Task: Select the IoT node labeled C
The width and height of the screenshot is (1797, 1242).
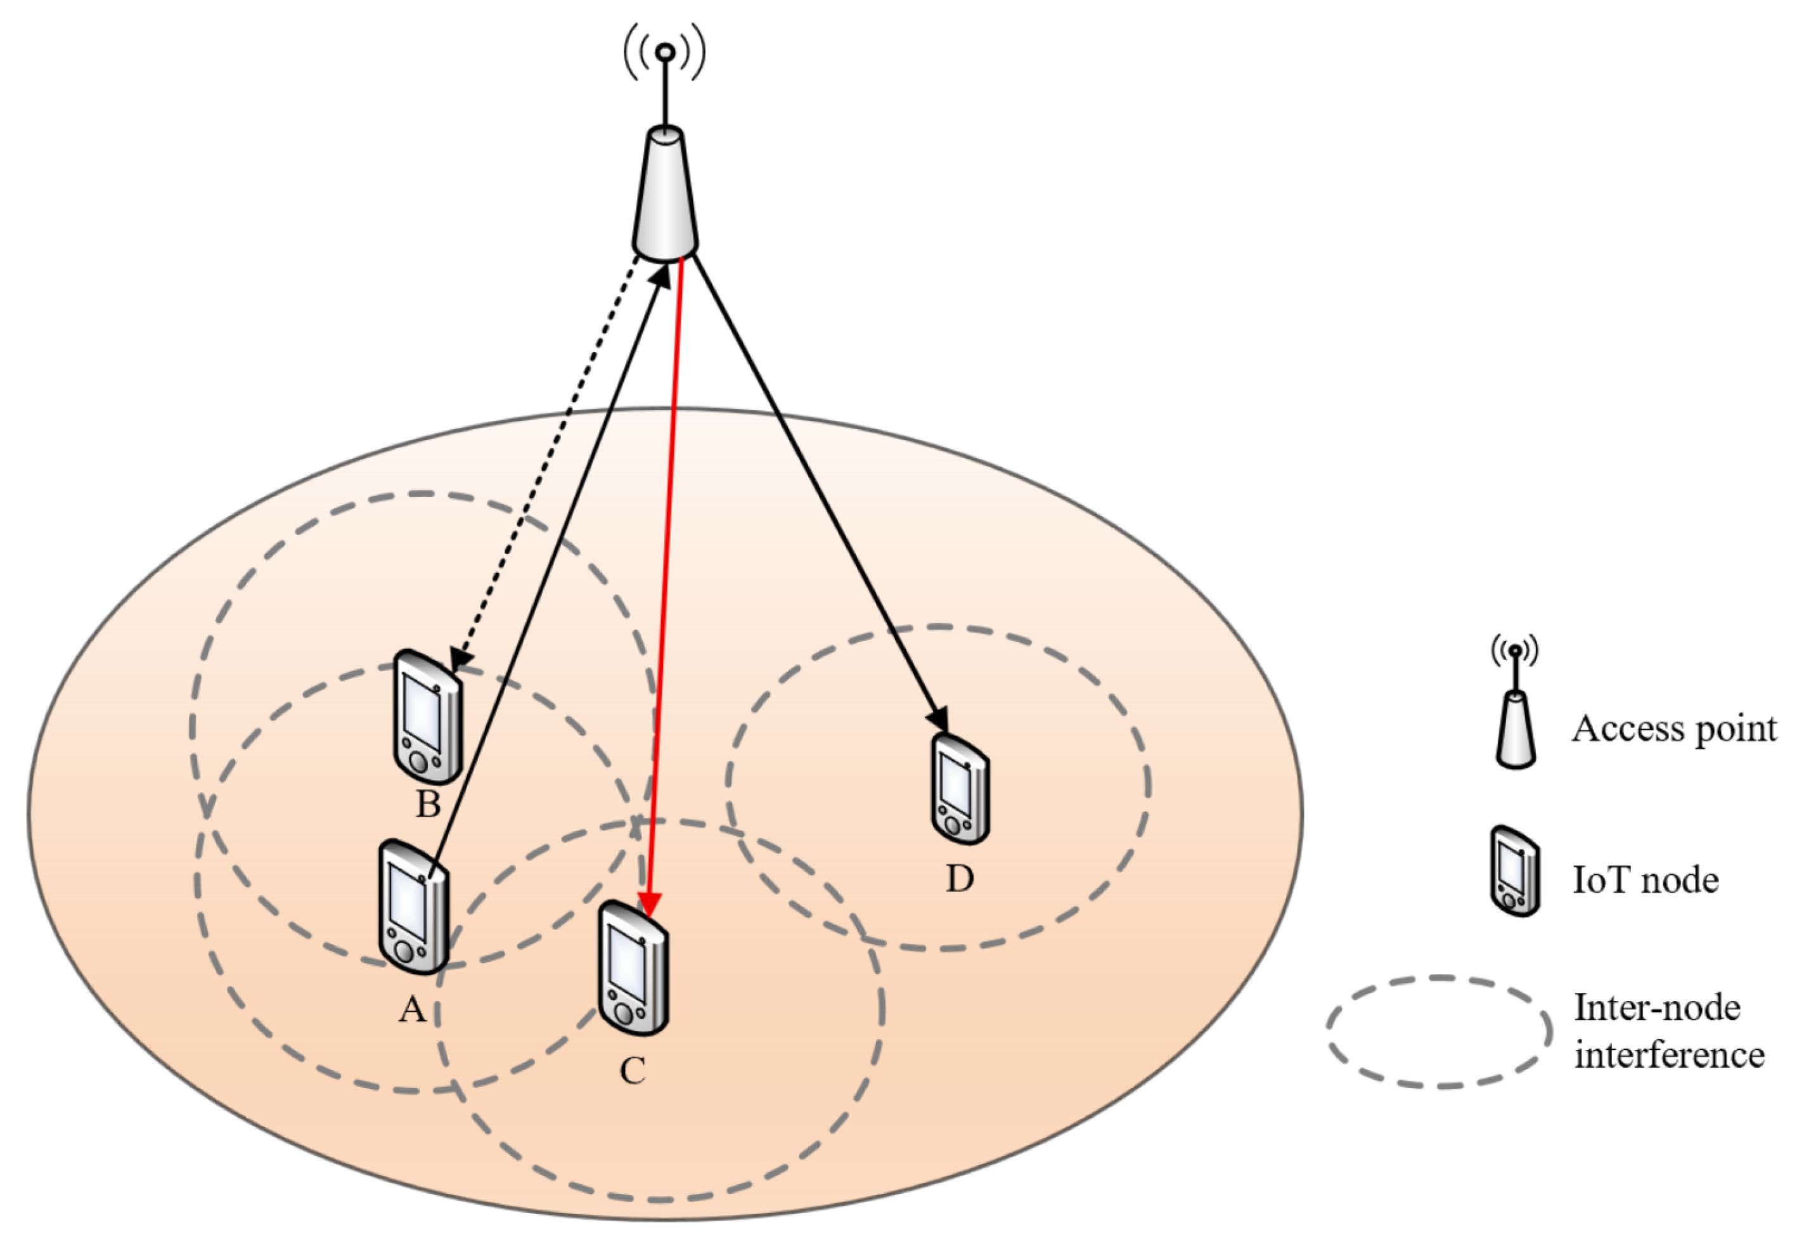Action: (633, 969)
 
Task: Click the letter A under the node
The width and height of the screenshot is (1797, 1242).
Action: (412, 1010)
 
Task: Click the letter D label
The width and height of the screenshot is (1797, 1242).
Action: (959, 880)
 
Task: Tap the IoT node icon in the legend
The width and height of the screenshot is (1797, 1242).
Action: (1515, 872)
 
